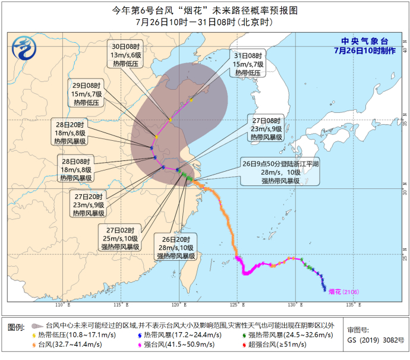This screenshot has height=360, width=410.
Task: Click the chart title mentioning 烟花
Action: click(204, 10)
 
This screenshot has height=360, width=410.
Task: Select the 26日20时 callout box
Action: click(176, 247)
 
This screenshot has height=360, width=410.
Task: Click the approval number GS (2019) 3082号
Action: click(376, 340)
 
